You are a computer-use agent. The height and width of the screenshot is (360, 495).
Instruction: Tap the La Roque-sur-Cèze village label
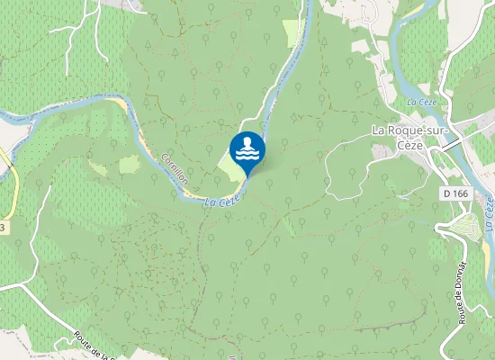409,138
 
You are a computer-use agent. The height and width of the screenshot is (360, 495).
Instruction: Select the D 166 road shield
455,193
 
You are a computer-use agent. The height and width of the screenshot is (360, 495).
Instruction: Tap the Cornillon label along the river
173,167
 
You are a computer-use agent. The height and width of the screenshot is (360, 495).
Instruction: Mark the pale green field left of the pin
231,166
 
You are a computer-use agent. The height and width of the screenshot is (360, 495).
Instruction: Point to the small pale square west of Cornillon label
130,164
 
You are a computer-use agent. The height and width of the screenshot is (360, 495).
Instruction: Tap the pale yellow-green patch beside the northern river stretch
292,32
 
